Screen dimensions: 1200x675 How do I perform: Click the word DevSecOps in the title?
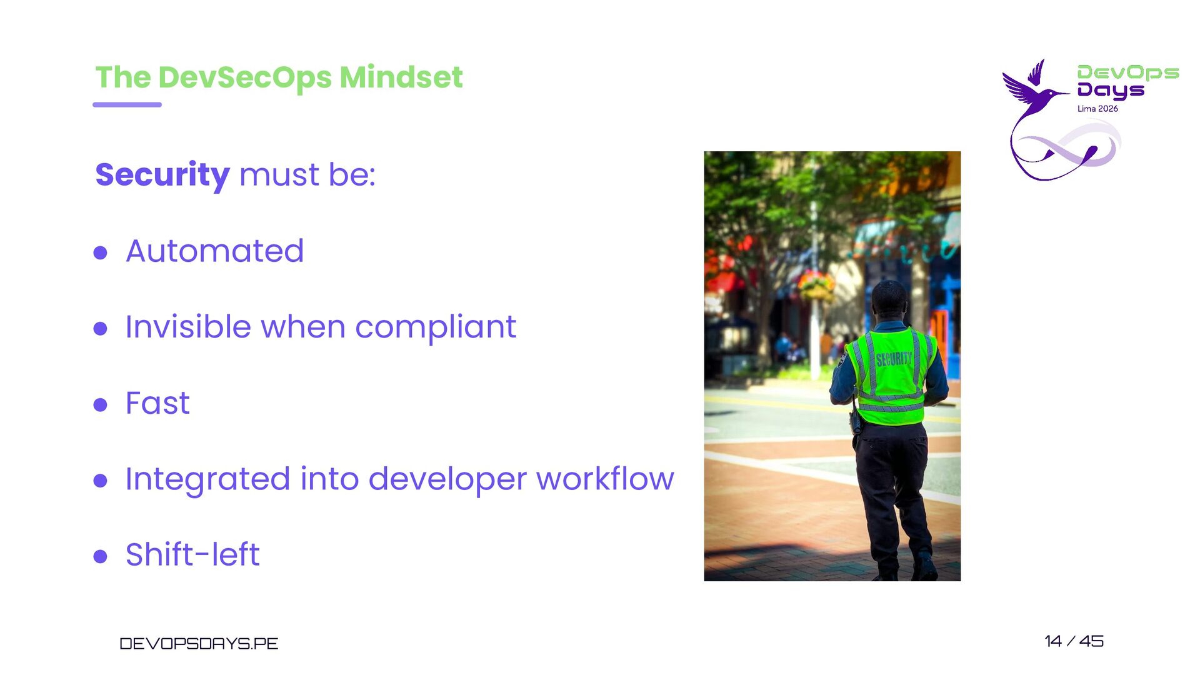click(x=245, y=78)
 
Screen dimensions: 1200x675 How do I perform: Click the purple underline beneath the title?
click(x=127, y=104)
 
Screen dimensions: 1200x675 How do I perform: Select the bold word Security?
click(x=162, y=175)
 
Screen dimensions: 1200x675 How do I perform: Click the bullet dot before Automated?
click(x=100, y=252)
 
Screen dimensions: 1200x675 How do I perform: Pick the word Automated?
click(x=215, y=251)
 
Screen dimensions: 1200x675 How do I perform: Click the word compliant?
click(x=436, y=327)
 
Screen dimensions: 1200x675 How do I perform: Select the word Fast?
click(x=157, y=403)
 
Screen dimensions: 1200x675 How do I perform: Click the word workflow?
click(x=605, y=479)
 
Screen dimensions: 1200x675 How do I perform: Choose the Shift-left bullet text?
click(x=192, y=554)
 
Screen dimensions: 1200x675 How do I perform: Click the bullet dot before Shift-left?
click(x=100, y=556)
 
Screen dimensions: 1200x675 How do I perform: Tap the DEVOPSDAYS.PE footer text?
click(x=199, y=644)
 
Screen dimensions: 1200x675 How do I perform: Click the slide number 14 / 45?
click(x=1074, y=641)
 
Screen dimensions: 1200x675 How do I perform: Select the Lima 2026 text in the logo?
click(x=1097, y=109)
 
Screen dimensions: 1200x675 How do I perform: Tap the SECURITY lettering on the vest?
click(x=894, y=359)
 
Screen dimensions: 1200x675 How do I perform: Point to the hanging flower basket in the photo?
click(x=816, y=285)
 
